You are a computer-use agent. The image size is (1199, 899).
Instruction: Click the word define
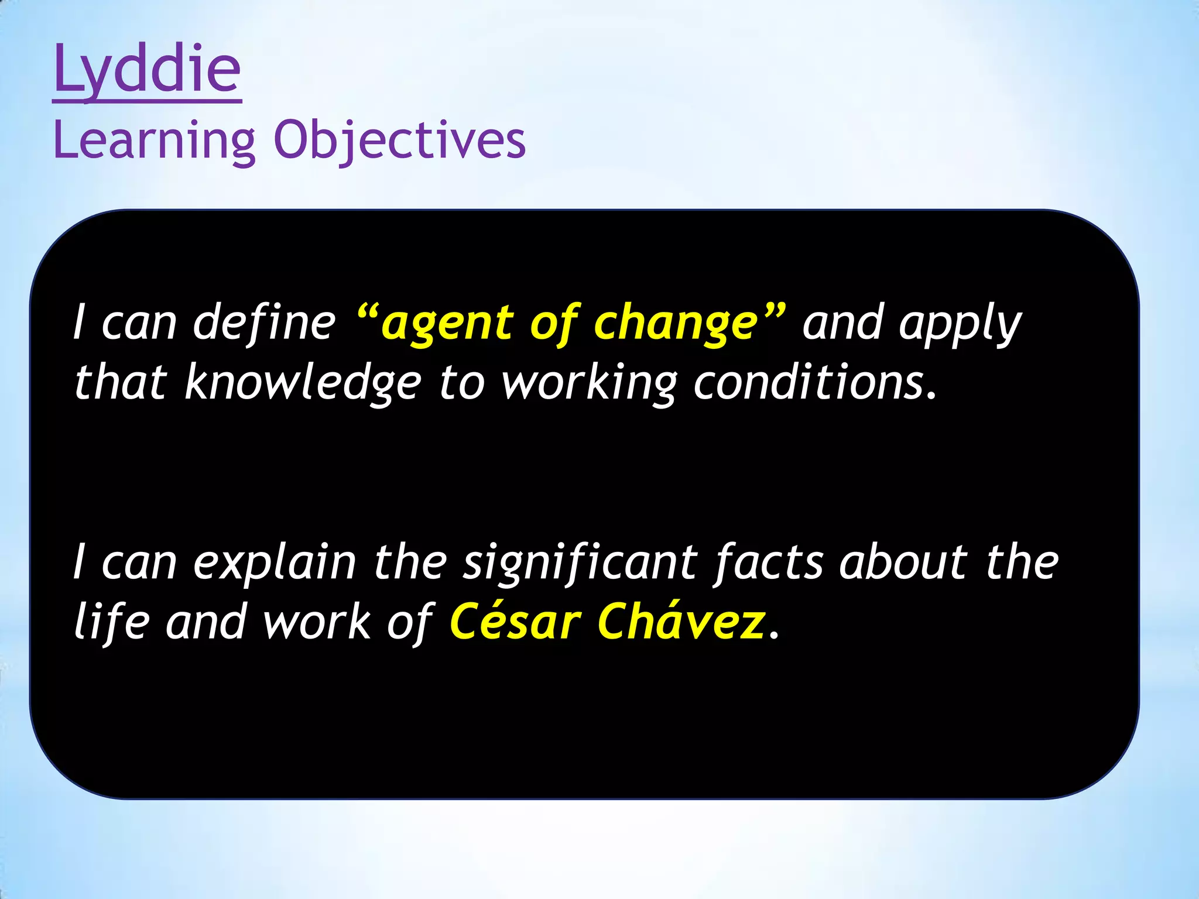(x=264, y=324)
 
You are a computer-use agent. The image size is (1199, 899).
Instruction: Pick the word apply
(x=960, y=324)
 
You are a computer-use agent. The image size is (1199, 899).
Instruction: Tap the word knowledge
(x=303, y=383)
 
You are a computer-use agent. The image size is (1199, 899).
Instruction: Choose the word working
(x=589, y=383)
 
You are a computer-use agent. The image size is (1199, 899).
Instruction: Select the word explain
(x=275, y=563)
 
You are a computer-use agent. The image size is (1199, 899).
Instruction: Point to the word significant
(x=580, y=563)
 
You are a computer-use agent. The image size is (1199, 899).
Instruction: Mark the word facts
(x=768, y=563)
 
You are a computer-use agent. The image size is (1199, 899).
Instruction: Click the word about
(x=903, y=563)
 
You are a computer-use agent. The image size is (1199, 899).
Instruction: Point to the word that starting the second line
(x=121, y=383)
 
